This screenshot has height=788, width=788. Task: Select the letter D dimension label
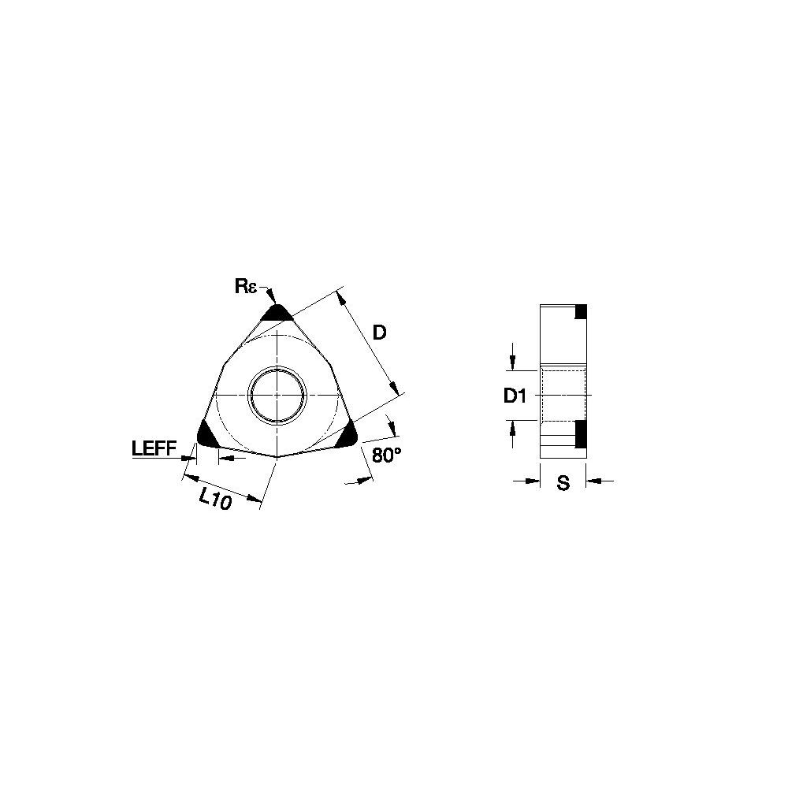click(379, 333)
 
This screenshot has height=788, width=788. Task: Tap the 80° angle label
click(387, 455)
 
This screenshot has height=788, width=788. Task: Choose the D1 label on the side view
click(515, 396)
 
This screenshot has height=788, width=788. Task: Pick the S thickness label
click(563, 484)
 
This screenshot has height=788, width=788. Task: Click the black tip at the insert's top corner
click(277, 313)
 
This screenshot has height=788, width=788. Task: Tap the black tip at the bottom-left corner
click(207, 435)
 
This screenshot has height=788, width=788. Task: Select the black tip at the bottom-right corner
click(347, 437)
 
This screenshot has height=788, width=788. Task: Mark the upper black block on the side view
click(582, 312)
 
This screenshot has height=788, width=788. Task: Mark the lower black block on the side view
click(582, 432)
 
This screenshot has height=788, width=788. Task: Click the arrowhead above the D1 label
click(513, 363)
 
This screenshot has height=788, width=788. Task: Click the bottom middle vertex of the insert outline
click(277, 456)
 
